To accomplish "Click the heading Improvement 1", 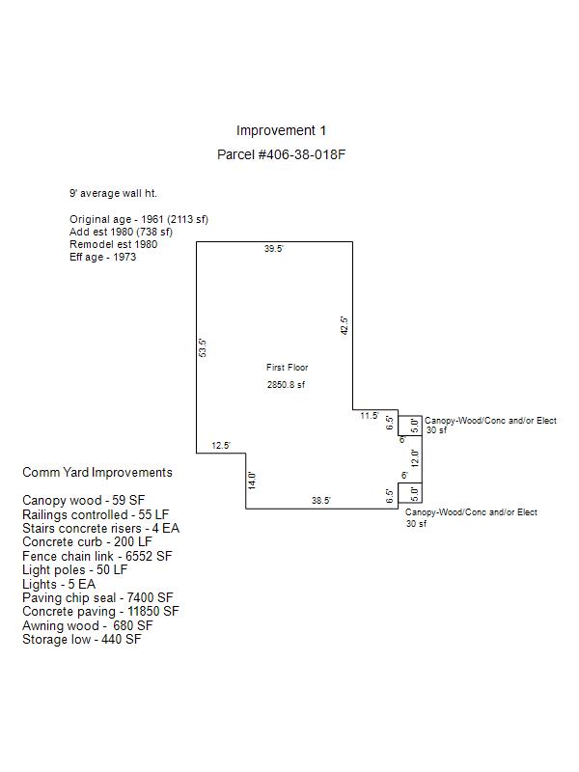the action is [281, 130].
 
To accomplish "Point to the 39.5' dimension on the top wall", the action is [273, 249].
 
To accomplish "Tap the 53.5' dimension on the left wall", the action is [203, 347].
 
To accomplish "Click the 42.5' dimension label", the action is [345, 326].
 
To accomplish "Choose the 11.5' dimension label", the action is [370, 416].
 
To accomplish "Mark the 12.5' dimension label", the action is [221, 446].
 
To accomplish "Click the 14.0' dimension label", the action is [252, 480].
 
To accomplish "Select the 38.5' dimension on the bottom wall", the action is [321, 501].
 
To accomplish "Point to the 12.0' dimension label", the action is [416, 458].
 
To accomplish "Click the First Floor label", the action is [287, 368].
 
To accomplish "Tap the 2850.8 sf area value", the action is [286, 384].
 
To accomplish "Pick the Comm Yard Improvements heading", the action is [97, 473].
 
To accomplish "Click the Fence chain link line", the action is [97, 557].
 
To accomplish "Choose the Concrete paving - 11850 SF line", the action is [100, 612].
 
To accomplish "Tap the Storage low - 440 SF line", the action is [82, 640].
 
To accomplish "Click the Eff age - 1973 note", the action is [103, 257].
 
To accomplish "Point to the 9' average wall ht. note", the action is [113, 194].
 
